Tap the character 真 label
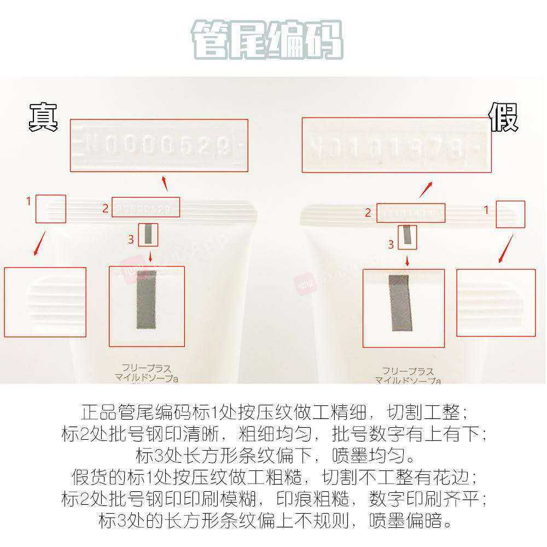coord(43,117)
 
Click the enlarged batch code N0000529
coord(159,146)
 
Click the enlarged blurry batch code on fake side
coord(397,146)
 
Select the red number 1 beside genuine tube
coord(29,201)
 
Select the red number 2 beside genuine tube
coord(105,208)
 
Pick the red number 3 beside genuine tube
coord(131,239)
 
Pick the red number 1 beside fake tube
coord(486,209)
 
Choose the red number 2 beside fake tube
coord(368,213)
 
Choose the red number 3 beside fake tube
coord(391,245)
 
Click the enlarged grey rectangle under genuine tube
coord(146,299)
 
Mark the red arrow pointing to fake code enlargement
coord(426,189)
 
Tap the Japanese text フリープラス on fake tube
coord(408,370)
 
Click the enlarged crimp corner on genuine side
coord(45,302)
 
